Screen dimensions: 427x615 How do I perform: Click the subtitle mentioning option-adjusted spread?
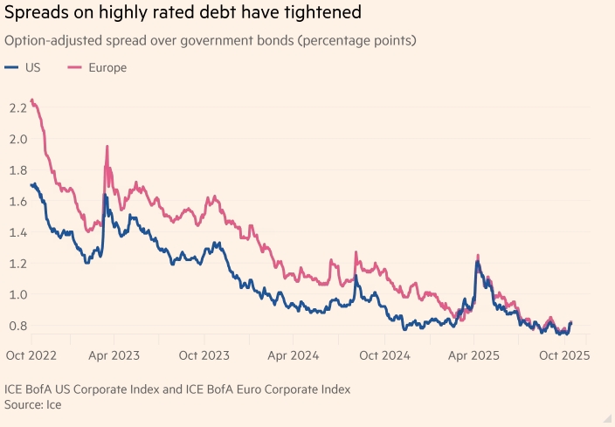(210, 41)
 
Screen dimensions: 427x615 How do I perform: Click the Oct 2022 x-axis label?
(31, 356)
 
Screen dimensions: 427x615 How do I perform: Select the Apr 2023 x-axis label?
(113, 356)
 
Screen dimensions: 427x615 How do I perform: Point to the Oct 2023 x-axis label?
(203, 356)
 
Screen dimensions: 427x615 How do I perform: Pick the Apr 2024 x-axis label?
(294, 356)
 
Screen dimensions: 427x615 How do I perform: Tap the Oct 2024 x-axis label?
(384, 356)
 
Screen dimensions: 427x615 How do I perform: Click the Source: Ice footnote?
(33, 404)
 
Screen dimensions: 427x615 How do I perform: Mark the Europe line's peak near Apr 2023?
(107, 147)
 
